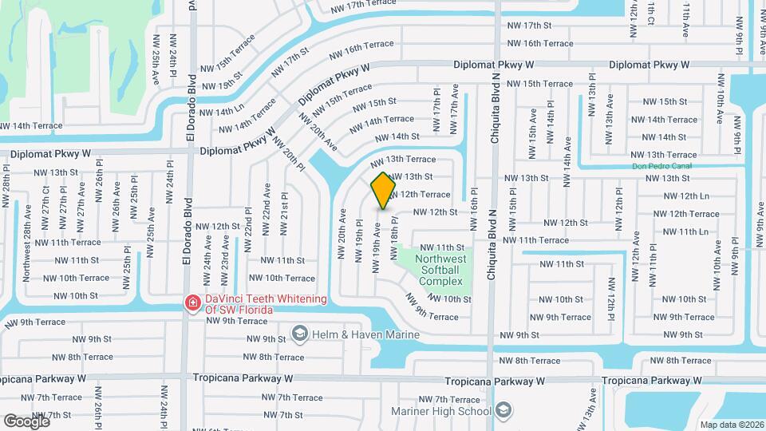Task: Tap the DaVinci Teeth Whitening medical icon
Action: point(192,302)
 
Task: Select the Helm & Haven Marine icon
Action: point(299,333)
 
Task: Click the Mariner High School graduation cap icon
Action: point(503,411)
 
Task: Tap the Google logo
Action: point(26,421)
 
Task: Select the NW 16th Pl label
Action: point(473,208)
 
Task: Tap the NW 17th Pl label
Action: point(437,115)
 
